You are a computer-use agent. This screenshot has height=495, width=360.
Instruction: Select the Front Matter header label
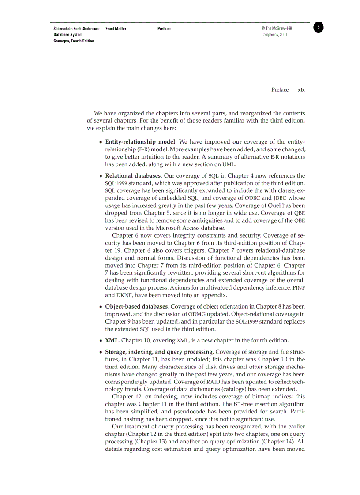coord(116,29)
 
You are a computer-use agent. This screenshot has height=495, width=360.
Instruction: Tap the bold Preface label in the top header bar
coord(164,29)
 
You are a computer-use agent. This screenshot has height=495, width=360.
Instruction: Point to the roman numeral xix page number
coord(301,90)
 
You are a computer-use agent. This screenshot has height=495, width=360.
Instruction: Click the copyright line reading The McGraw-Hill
coord(277,29)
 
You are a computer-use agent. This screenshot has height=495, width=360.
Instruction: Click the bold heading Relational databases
coord(132,175)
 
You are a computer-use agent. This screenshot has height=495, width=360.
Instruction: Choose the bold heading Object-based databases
coord(136,306)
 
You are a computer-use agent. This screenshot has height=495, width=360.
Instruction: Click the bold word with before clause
coord(270,190)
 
